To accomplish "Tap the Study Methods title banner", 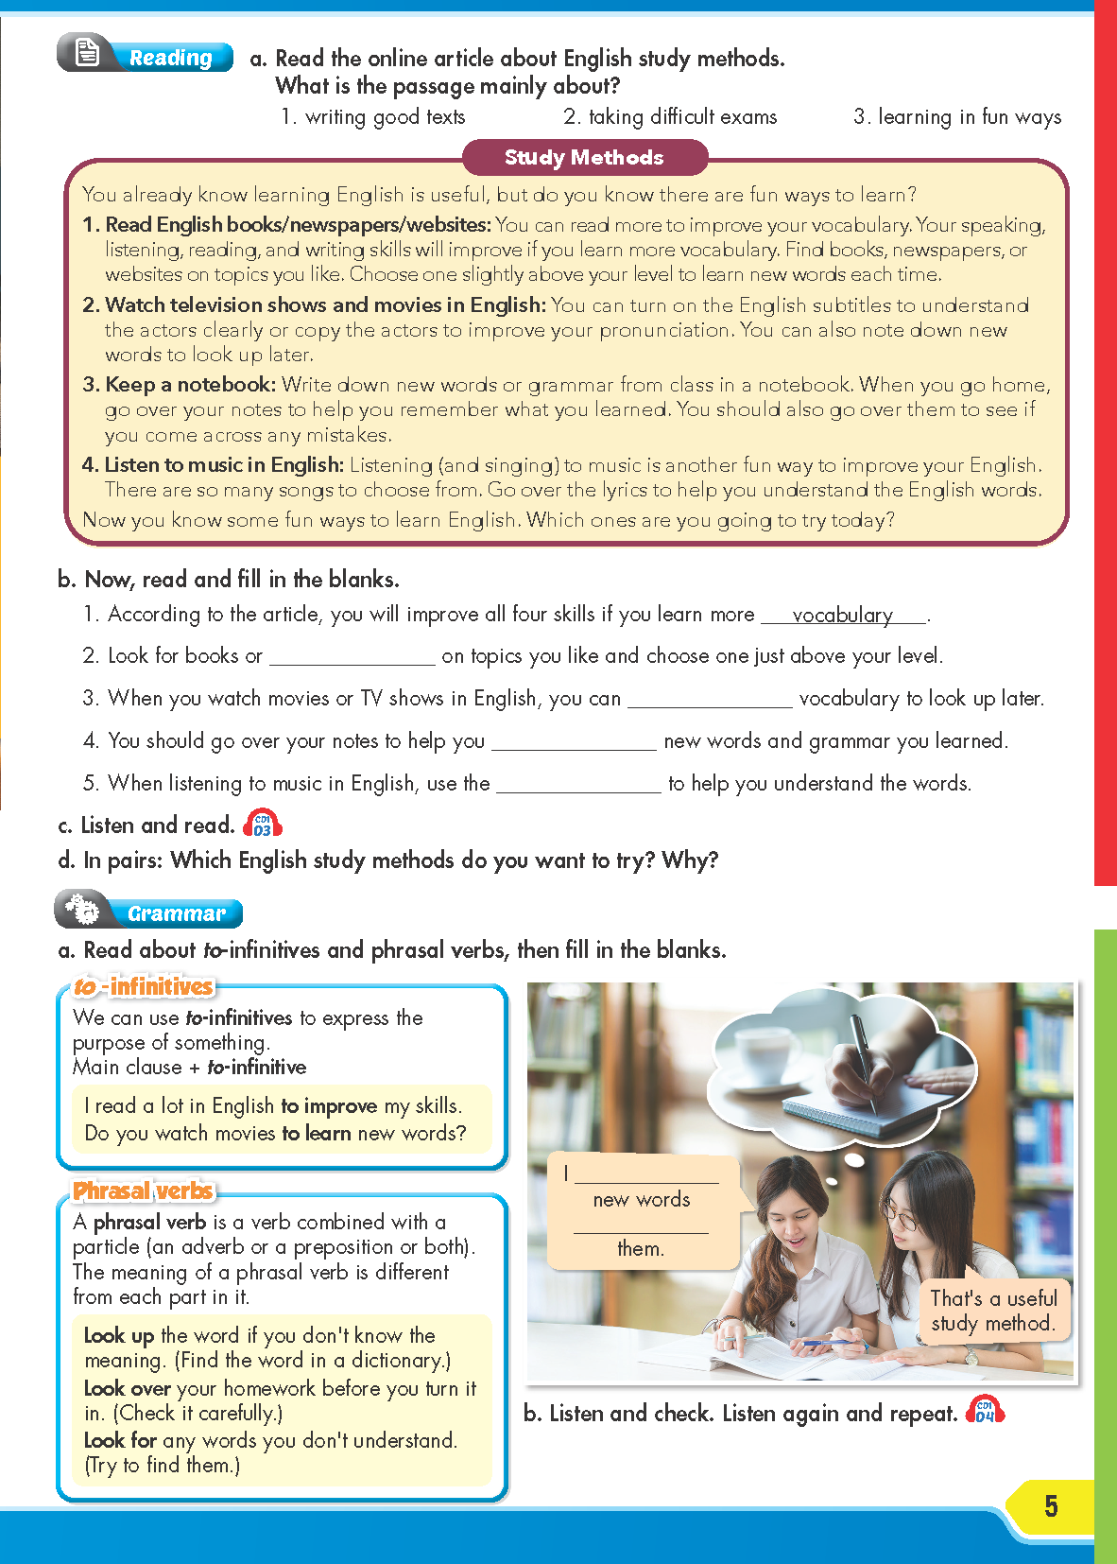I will coord(584,157).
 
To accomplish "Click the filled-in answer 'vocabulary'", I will coord(842,615).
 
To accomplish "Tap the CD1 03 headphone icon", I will coord(263,824).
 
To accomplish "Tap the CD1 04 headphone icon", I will coord(985,1411).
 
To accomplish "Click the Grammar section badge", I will coord(149,912).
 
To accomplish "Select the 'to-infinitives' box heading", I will coord(144,986).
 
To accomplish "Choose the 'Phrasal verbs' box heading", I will coord(144,1190).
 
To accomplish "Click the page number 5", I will coord(1050,1505).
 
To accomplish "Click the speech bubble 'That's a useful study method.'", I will coord(992,1311).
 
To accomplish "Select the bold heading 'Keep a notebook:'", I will coord(190,385).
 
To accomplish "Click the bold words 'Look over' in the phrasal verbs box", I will coord(127,1388).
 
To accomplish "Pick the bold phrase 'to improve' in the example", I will coord(329,1105).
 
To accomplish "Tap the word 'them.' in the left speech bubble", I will coord(641,1248).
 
